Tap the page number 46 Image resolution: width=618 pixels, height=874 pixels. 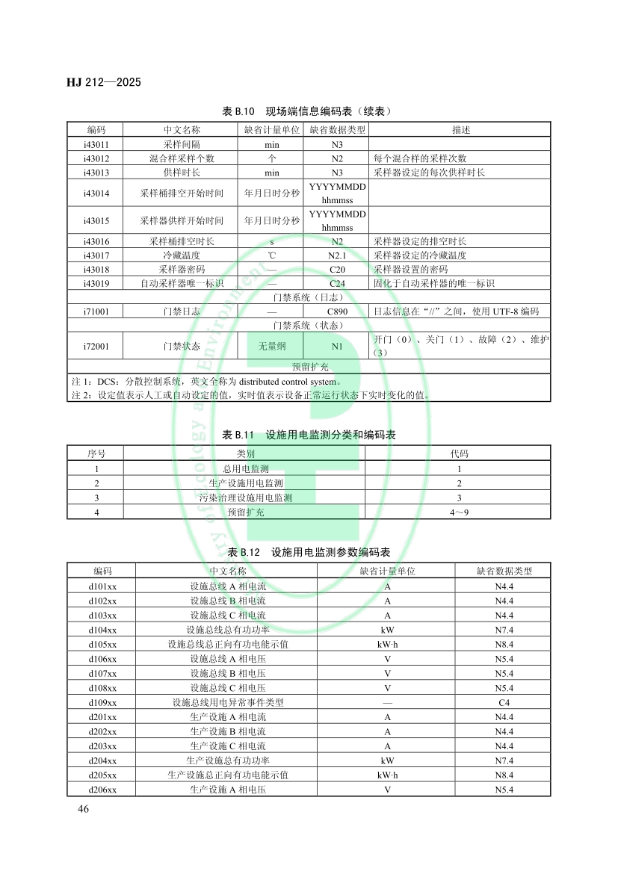pyautogui.click(x=83, y=809)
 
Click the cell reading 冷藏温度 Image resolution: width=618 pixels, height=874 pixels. pyautogui.click(x=182, y=255)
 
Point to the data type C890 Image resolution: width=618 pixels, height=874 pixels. pyautogui.click(x=337, y=312)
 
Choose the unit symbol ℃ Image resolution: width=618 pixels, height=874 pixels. pyautogui.click(x=272, y=255)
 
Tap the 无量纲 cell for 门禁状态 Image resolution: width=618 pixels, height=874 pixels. pyautogui.click(x=272, y=346)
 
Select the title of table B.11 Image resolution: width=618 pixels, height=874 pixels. pyautogui.click(x=309, y=434)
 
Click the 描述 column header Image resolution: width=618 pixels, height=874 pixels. pyautogui.click(x=461, y=129)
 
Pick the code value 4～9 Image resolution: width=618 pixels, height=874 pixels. pyautogui.click(x=459, y=512)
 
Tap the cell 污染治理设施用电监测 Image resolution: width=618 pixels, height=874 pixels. pyautogui.click(x=245, y=498)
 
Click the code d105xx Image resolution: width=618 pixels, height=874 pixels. pyautogui.click(x=102, y=644)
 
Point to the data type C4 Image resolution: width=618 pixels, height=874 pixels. pyautogui.click(x=504, y=702)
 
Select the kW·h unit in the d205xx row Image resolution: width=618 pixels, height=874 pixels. pyautogui.click(x=387, y=775)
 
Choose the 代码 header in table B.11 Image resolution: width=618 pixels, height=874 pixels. pyautogui.click(x=459, y=453)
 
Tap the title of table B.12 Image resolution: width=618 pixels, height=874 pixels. pyautogui.click(x=309, y=552)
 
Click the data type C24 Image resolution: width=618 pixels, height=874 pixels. pyautogui.click(x=337, y=284)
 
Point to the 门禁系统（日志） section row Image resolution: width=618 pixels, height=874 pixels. pyautogui.click(x=309, y=297)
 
